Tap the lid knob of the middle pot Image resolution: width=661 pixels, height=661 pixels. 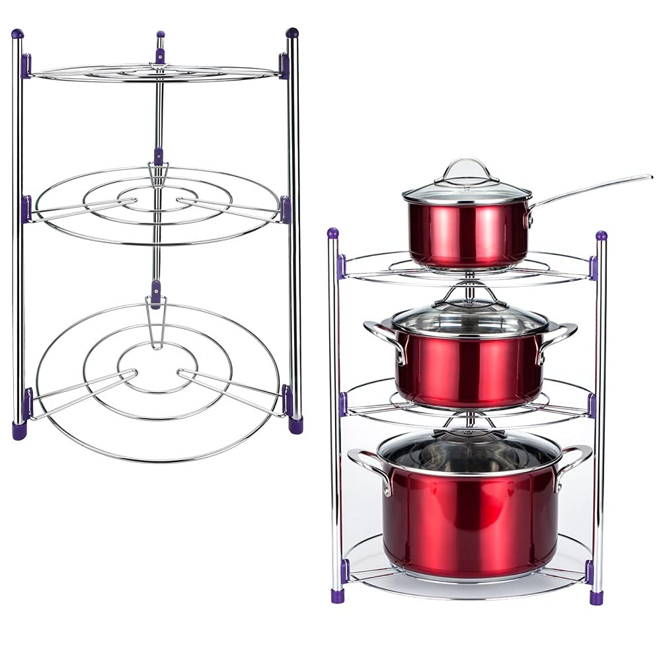click(x=469, y=294)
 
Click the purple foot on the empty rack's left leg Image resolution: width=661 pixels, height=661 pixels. click(x=19, y=430)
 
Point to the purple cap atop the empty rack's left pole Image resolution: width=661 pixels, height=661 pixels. click(x=17, y=34)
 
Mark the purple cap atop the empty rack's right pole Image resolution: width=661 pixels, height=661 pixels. click(x=292, y=32)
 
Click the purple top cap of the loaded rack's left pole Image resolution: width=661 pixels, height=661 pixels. click(x=333, y=233)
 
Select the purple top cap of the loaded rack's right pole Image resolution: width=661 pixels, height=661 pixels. click(x=601, y=235)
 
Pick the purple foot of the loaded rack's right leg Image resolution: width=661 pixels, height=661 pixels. click(x=596, y=598)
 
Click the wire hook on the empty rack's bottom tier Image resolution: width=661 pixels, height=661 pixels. click(x=156, y=324)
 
